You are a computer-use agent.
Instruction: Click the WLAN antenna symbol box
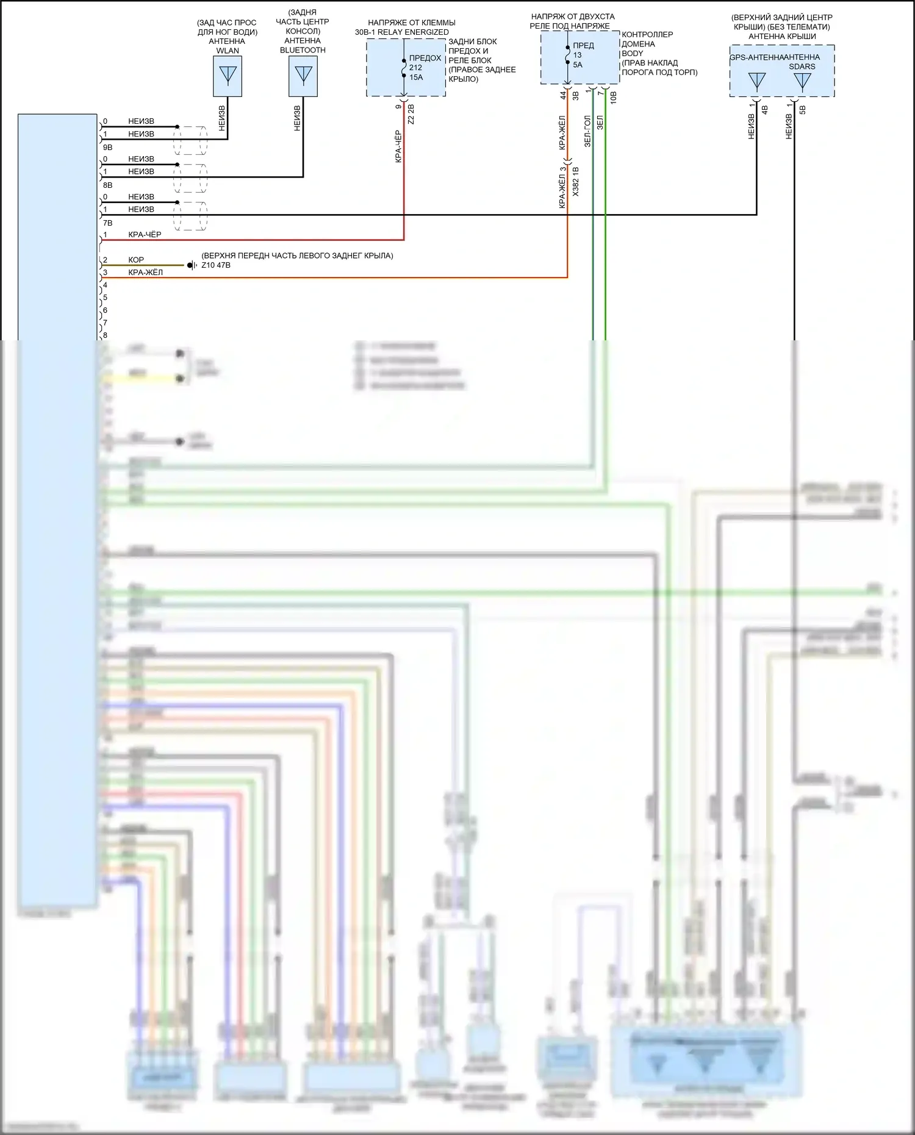(x=228, y=76)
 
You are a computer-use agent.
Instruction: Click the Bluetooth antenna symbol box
(x=303, y=76)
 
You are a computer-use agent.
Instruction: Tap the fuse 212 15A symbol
(x=404, y=68)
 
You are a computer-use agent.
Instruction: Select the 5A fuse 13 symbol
(x=567, y=55)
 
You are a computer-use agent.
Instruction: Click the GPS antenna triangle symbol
(x=756, y=81)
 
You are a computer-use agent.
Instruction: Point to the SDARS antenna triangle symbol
(x=802, y=81)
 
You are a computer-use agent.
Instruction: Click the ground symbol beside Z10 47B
(x=192, y=265)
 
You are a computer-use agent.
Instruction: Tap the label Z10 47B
(x=216, y=265)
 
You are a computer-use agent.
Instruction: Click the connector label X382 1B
(x=576, y=181)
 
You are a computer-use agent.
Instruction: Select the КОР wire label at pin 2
(x=136, y=260)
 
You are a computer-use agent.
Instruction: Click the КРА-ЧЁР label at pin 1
(x=145, y=235)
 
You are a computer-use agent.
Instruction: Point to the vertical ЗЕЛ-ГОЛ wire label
(x=587, y=131)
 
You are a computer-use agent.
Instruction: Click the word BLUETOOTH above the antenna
(x=303, y=50)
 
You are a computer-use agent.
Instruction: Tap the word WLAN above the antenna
(x=228, y=51)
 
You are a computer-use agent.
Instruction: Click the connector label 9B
(x=108, y=148)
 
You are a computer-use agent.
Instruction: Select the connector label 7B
(x=108, y=223)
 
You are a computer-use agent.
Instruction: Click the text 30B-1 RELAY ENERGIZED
(x=402, y=32)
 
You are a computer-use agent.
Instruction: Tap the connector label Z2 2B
(x=411, y=114)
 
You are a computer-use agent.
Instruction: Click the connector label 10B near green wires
(x=614, y=97)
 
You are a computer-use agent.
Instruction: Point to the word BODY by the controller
(x=633, y=54)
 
